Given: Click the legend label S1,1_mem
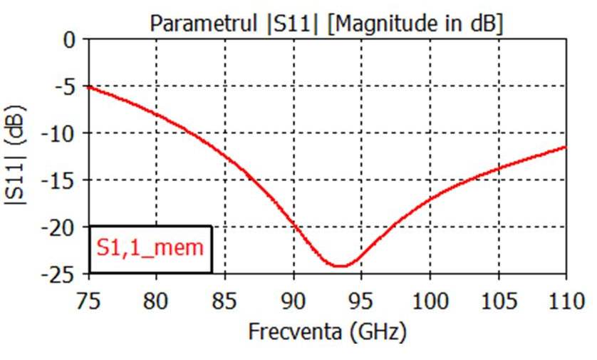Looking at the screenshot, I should tap(150, 248).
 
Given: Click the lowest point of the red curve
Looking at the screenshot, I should tap(341, 266).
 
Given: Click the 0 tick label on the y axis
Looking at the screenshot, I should tap(69, 40).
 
